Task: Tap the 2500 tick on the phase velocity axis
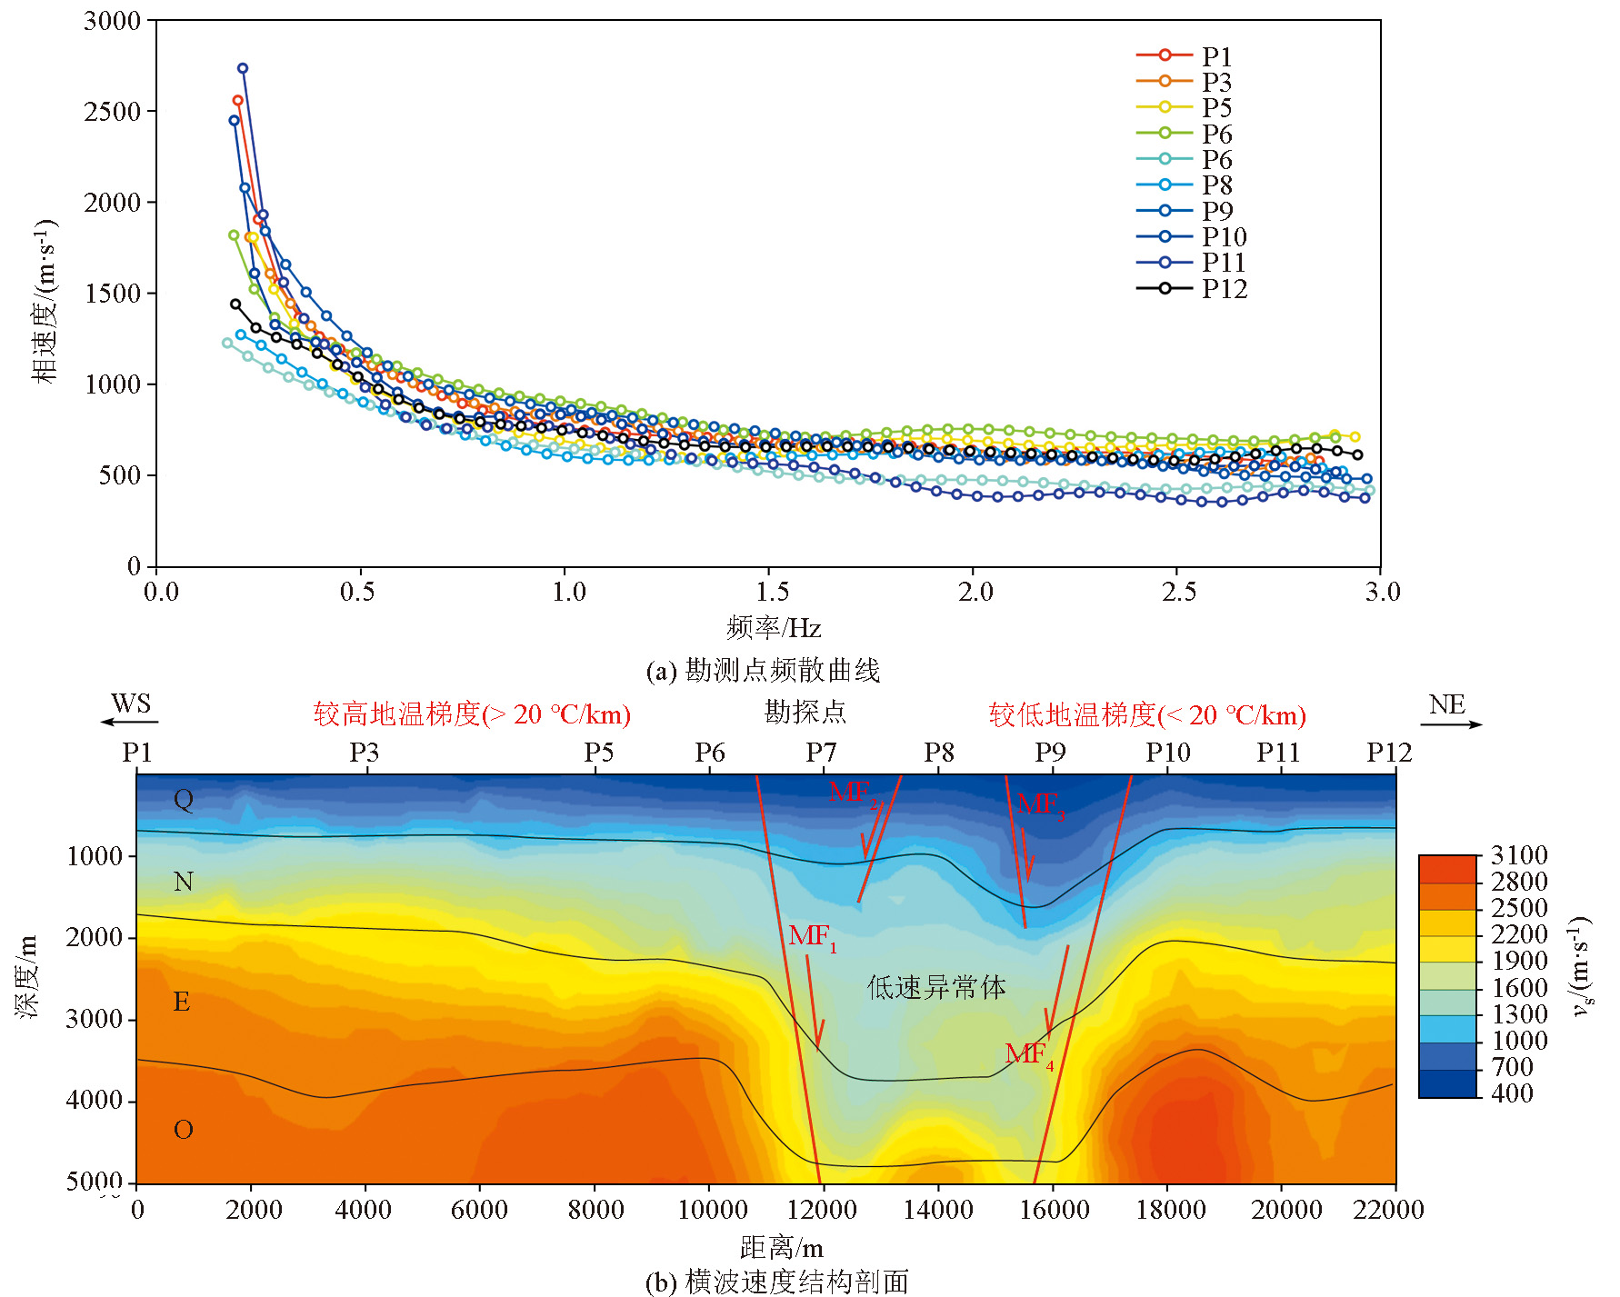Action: tap(114, 112)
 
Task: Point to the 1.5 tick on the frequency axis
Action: tap(772, 593)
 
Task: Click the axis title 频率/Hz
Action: tap(774, 628)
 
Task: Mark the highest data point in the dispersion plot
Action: tap(243, 68)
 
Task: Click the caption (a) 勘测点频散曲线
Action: tap(763, 671)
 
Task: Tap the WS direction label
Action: tap(131, 704)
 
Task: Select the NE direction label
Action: tap(1446, 705)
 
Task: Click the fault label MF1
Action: tap(811, 936)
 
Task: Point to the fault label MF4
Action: tap(1028, 1054)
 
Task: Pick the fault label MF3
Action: tap(1039, 804)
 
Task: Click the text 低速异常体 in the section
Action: tap(936, 988)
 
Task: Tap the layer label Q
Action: tap(184, 800)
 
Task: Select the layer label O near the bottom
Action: tap(184, 1130)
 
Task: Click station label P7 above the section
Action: tap(821, 753)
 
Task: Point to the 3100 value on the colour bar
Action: tap(1518, 855)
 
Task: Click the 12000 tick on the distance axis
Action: tap(822, 1210)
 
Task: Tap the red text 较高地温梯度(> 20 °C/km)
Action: tap(472, 714)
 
